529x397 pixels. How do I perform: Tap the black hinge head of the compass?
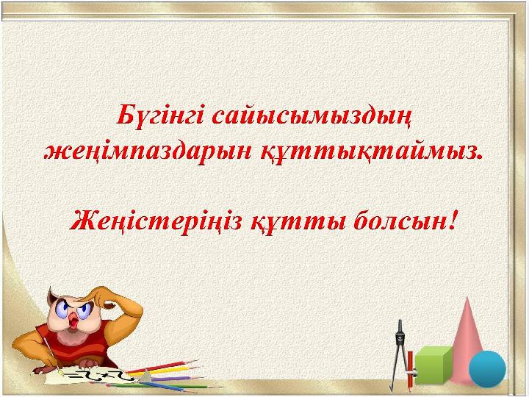(x=400, y=337)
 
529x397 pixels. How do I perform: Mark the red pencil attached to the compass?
(x=410, y=369)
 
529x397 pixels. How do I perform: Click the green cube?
(x=433, y=365)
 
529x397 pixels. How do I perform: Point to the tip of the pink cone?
(x=467, y=297)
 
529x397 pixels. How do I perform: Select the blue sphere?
(x=488, y=368)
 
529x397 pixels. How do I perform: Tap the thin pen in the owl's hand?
(x=50, y=350)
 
